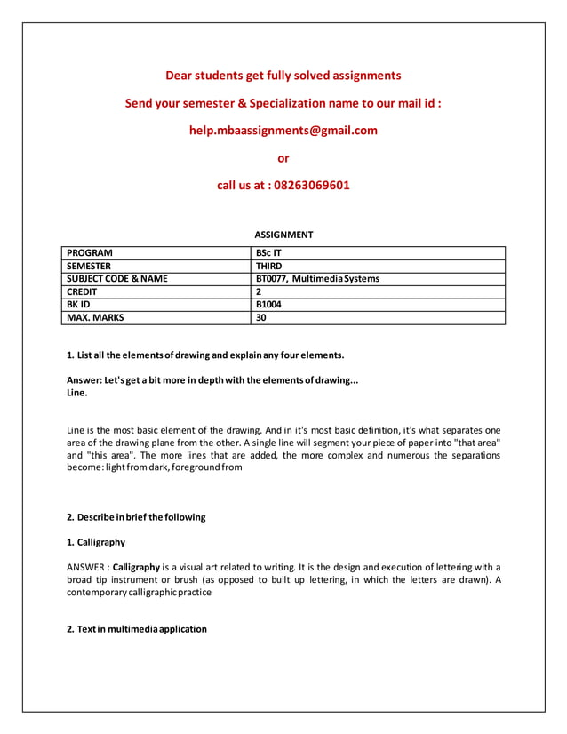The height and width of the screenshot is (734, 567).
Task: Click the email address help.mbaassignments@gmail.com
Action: (x=283, y=131)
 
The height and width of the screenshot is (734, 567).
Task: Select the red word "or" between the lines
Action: (x=283, y=158)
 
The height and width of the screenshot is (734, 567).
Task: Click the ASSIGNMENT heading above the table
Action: (x=283, y=235)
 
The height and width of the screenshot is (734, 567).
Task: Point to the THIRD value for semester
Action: (x=268, y=266)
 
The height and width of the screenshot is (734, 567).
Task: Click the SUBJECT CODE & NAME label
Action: (x=117, y=279)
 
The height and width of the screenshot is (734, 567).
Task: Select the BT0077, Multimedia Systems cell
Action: (x=317, y=279)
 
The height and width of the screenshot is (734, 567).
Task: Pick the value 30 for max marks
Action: (x=261, y=317)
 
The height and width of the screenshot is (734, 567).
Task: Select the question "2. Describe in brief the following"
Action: (x=136, y=517)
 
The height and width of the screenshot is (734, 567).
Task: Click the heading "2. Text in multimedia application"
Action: (x=137, y=629)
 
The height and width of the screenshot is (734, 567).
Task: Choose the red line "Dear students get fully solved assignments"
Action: (x=283, y=76)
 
